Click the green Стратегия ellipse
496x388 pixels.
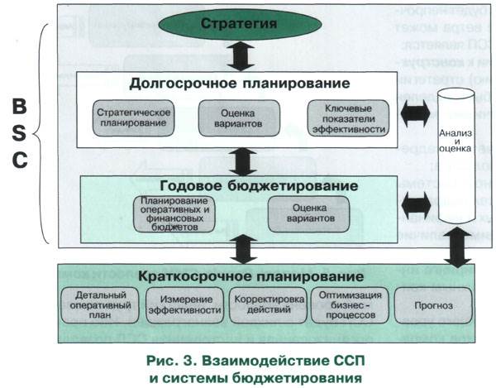[238, 25]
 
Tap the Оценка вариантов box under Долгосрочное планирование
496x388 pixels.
[231, 117]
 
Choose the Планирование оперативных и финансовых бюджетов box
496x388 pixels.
[174, 215]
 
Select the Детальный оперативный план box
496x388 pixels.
[98, 304]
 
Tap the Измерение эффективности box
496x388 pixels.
[184, 304]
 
